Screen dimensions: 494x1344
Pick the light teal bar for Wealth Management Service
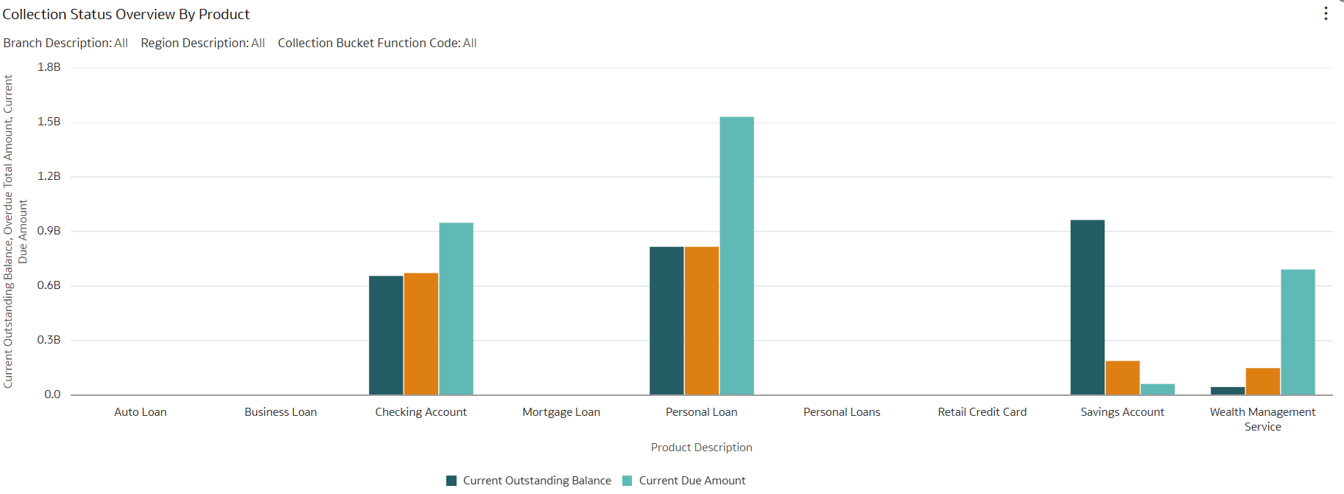click(1298, 332)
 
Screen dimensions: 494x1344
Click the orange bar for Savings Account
click(1122, 378)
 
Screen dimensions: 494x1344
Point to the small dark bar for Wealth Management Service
click(1228, 391)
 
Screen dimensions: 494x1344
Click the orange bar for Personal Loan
click(701, 320)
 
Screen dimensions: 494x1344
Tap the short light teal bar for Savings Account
click(1157, 389)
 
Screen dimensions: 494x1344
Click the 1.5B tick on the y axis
click(49, 122)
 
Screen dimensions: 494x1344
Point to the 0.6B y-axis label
click(49, 285)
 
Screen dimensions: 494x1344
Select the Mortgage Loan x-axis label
click(561, 412)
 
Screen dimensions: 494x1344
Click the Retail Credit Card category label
click(982, 412)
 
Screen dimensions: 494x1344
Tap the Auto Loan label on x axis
click(140, 412)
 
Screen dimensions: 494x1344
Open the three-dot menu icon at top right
click(1326, 14)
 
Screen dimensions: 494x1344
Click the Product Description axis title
click(701, 448)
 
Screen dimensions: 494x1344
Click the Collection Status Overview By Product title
click(126, 14)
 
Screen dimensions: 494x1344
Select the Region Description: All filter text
click(203, 43)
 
